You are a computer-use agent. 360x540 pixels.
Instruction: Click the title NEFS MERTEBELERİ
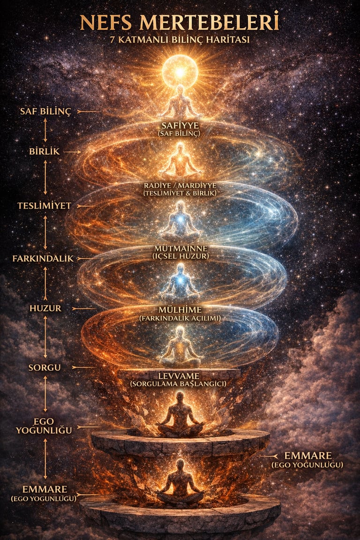point(180,22)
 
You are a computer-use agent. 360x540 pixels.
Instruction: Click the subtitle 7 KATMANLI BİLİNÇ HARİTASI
point(180,40)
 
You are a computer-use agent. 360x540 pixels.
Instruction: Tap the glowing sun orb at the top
point(180,72)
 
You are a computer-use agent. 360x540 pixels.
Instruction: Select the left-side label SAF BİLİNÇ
point(45,112)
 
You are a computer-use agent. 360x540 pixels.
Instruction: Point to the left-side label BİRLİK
point(44,152)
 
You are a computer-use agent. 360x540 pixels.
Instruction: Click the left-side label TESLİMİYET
point(44,205)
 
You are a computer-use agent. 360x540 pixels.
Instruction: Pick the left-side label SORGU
point(45,367)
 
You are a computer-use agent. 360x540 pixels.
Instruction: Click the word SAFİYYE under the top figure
point(180,126)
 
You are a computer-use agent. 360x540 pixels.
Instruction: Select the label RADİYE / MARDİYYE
point(180,185)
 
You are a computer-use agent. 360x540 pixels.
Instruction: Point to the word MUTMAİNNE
point(180,247)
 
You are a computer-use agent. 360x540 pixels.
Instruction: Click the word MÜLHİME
point(180,310)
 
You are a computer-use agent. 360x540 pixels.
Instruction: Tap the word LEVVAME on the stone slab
point(180,376)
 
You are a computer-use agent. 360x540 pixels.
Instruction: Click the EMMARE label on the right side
point(308,456)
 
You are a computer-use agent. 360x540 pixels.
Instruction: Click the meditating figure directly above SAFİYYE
point(180,102)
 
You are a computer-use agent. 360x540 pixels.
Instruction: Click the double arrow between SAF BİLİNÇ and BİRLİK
point(45,130)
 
